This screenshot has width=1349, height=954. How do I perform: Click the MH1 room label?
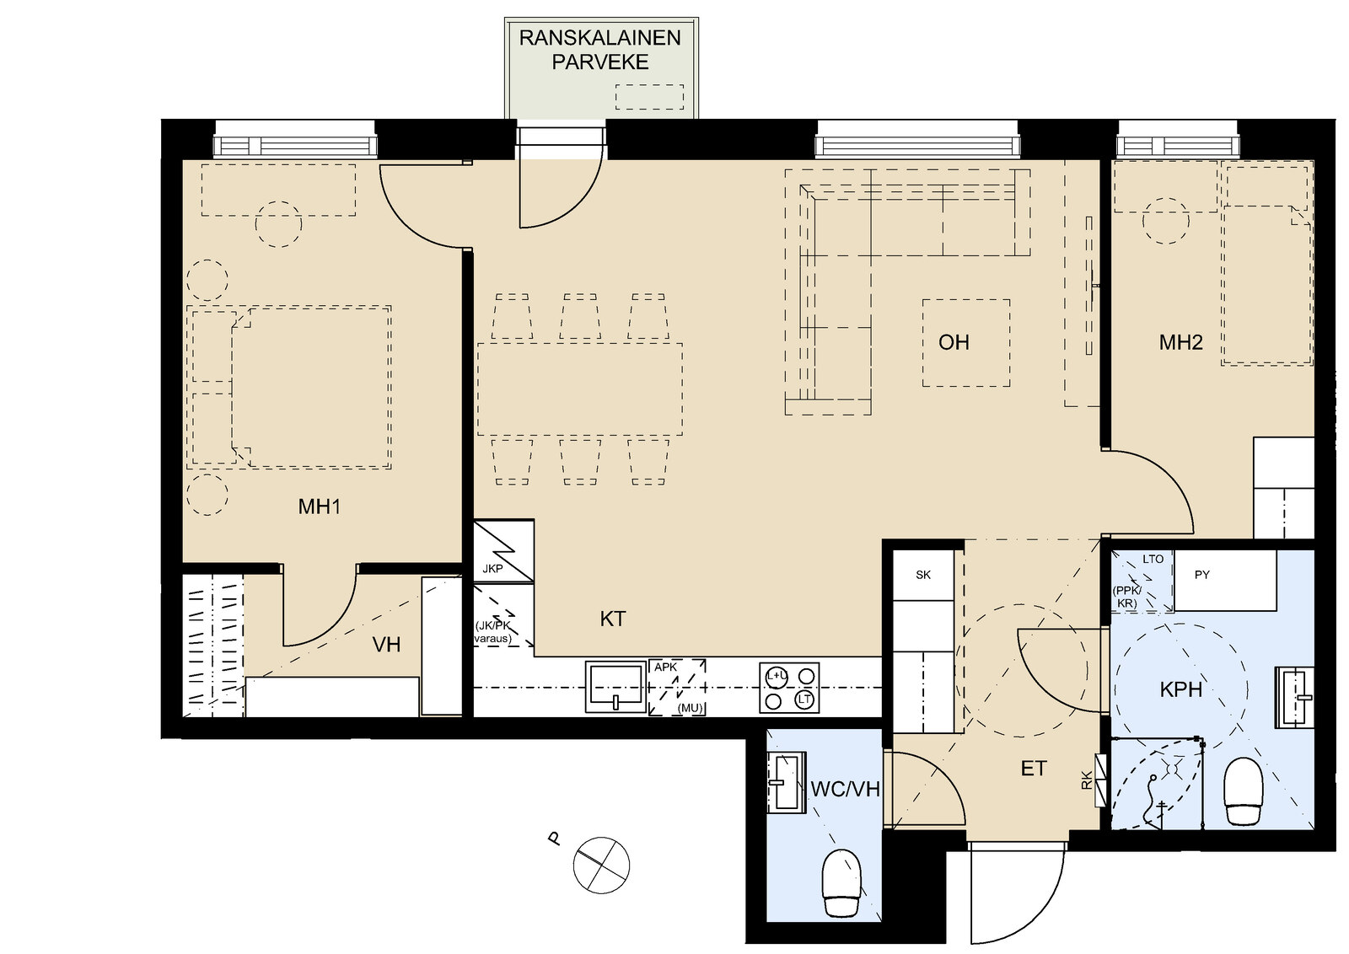pos(320,506)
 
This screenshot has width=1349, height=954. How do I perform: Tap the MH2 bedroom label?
pos(1181,342)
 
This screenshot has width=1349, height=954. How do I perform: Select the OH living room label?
pos(954,342)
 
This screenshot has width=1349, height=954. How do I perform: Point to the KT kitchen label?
pos(613,619)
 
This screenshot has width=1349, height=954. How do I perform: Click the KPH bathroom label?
pos(1181,689)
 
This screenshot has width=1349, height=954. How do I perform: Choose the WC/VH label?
pos(846,789)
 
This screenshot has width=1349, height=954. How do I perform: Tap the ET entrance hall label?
pos(1034,769)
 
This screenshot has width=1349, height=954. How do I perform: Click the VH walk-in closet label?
pos(386,646)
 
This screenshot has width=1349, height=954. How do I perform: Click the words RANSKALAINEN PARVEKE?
pos(600,50)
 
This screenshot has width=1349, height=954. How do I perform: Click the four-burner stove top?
pos(789,688)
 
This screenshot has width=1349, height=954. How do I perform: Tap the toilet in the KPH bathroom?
pos(1243,790)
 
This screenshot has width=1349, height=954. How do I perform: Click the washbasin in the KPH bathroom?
pos(1295,697)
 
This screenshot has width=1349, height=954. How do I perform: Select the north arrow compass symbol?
pos(601,865)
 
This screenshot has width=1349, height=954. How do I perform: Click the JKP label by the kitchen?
pos(492,569)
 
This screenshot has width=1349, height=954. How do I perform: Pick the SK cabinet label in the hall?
pos(923,576)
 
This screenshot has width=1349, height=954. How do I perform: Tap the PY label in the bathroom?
pos(1202,575)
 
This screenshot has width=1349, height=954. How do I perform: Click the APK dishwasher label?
pos(665,667)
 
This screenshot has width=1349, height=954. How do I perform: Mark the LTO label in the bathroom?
pos(1153,559)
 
